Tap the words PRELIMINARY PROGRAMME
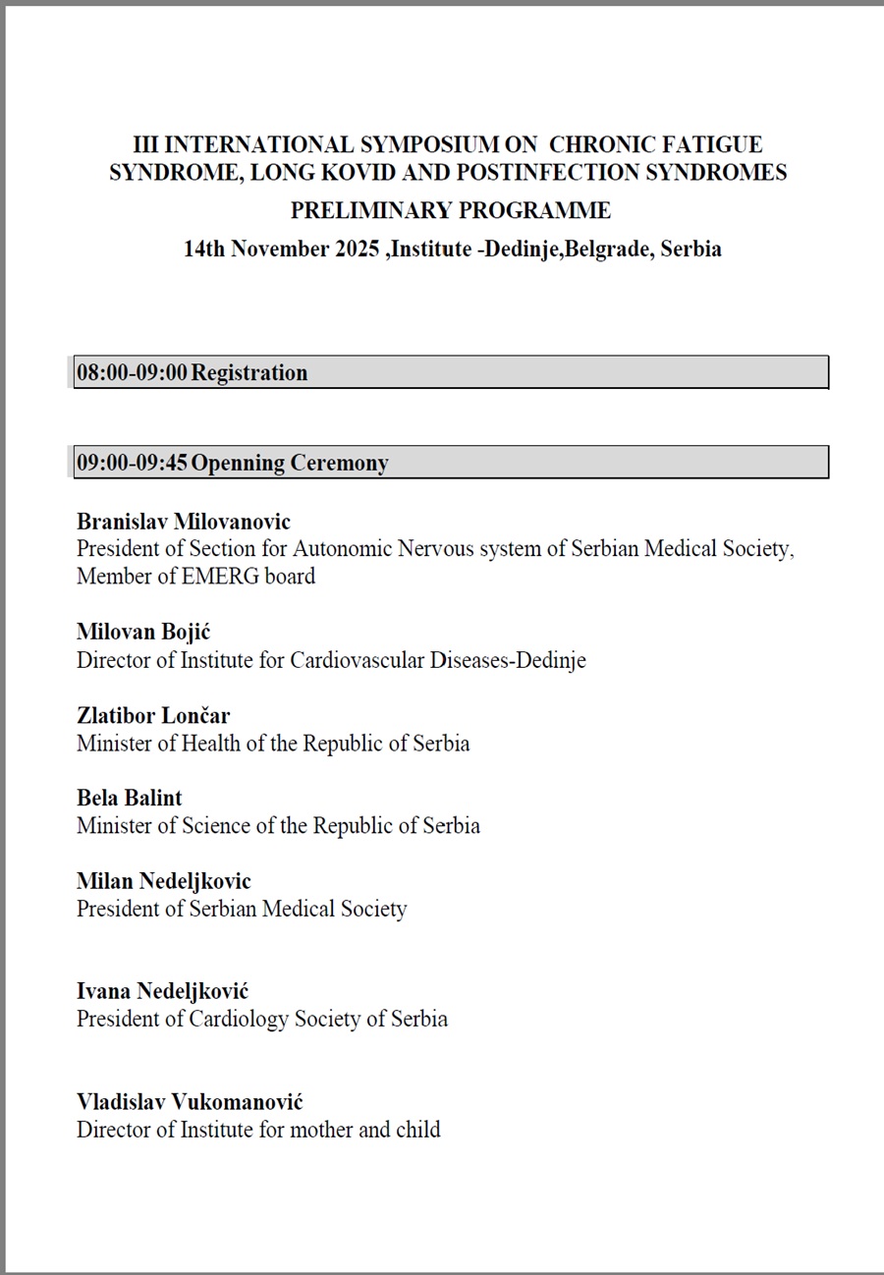point(450,210)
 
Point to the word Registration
point(249,372)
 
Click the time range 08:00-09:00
point(132,372)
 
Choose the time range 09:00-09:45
point(132,463)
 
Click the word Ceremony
point(339,463)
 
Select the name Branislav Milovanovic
point(184,522)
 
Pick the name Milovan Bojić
point(143,633)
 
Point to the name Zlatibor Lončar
point(153,715)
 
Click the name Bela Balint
point(130,798)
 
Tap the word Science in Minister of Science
point(216,826)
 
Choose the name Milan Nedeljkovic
point(164,881)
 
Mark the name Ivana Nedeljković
point(163,991)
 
